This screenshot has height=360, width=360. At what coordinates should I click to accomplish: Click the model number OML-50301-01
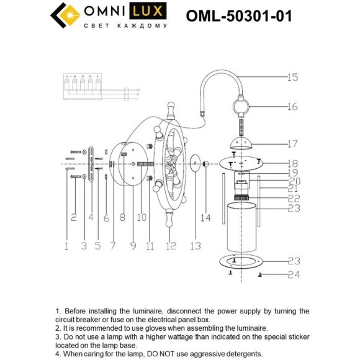[239, 16]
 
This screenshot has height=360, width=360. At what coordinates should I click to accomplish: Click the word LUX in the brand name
[149, 11]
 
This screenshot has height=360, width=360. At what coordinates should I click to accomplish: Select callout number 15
[292, 78]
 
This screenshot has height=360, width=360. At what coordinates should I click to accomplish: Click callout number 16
[292, 106]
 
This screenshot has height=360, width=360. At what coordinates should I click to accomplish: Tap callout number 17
[292, 143]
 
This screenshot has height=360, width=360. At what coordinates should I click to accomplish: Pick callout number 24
[292, 274]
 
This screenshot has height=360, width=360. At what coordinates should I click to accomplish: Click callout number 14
[206, 218]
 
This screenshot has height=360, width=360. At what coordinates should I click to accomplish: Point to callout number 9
[133, 246]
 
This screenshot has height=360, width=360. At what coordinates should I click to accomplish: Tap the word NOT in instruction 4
[175, 354]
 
